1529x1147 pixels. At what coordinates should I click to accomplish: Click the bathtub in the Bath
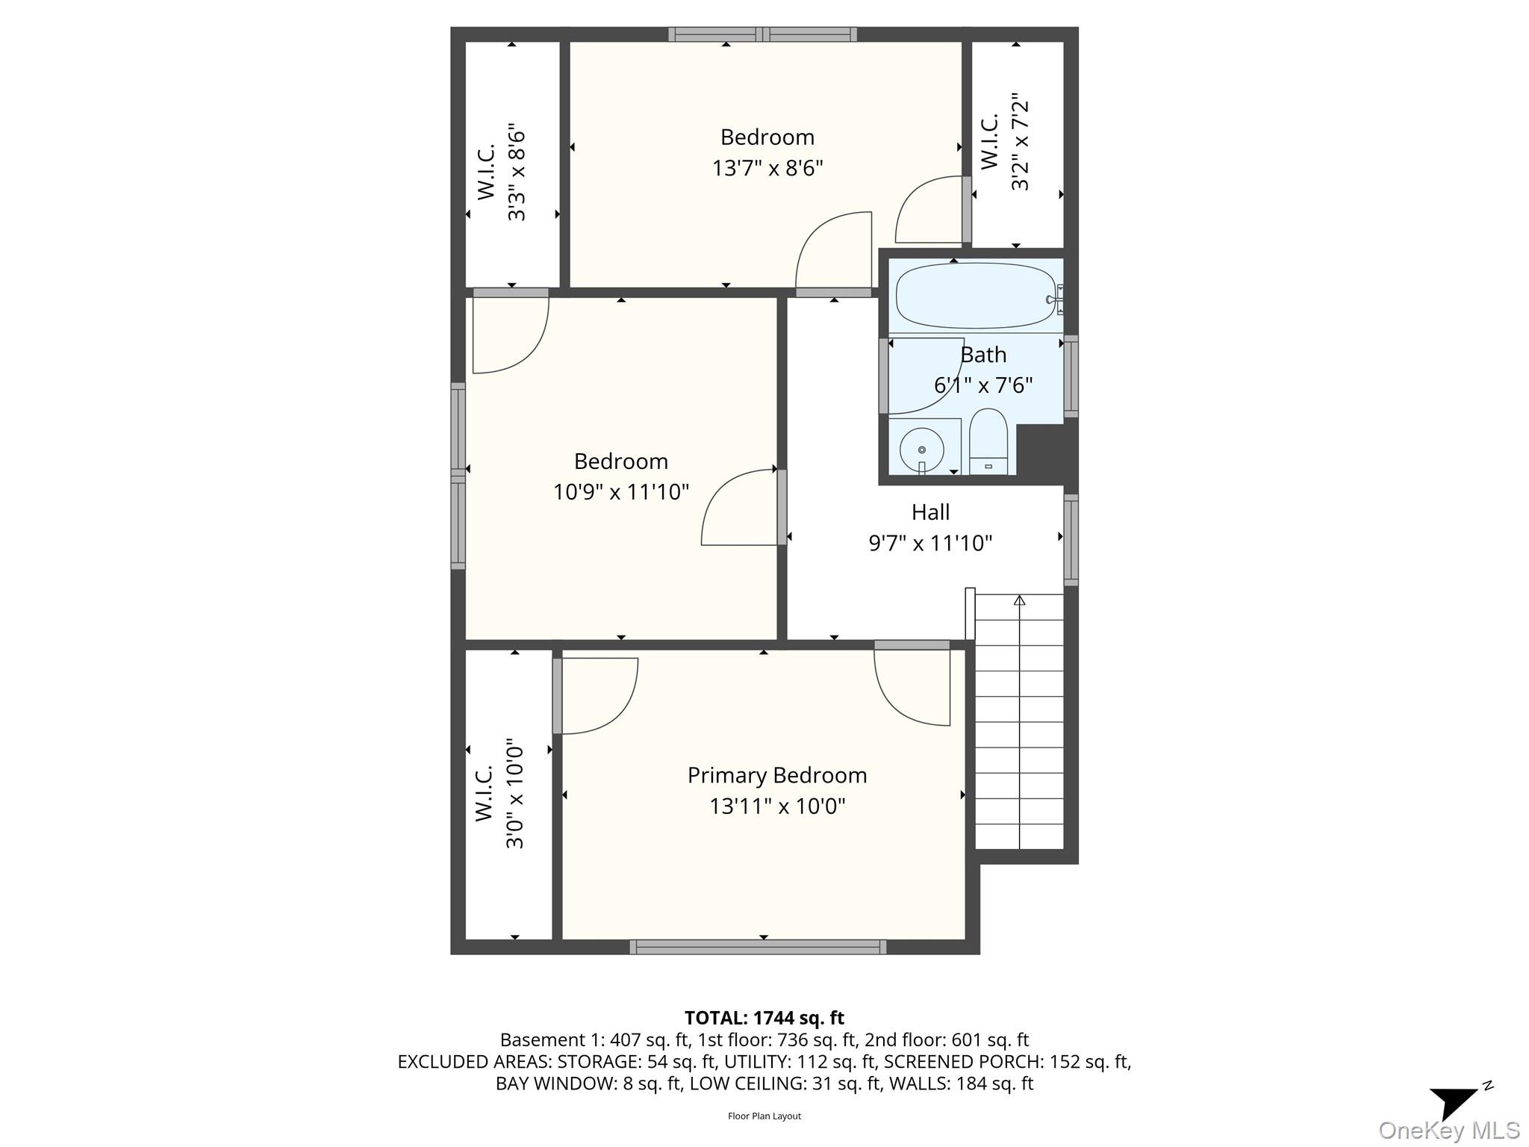[974, 296]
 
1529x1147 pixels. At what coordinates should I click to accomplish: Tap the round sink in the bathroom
[922, 450]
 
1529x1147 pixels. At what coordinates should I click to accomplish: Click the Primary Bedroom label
[776, 775]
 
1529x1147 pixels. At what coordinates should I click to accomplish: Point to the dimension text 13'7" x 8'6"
[767, 168]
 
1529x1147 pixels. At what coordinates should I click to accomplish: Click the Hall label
[930, 512]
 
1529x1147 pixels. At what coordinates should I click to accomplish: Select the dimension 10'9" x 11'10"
[620, 492]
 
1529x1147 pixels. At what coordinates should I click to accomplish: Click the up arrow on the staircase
[1019, 600]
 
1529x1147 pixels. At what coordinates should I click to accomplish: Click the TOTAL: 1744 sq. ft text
[764, 1018]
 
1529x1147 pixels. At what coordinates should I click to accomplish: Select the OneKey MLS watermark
[1448, 1131]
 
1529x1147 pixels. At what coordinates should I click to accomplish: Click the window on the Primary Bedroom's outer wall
[758, 947]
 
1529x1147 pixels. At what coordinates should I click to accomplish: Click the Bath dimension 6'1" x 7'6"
[983, 385]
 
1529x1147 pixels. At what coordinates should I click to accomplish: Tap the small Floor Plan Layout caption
[764, 1116]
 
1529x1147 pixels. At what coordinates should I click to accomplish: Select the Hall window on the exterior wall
[1071, 539]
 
